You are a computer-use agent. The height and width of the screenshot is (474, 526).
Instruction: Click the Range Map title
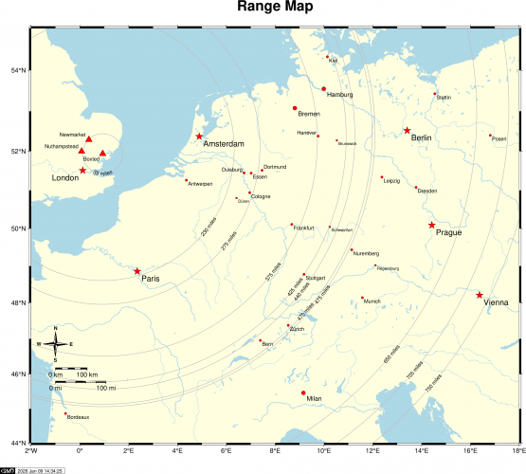pyautogui.click(x=263, y=9)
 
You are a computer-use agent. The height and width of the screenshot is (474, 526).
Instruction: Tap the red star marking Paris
pyautogui.click(x=137, y=271)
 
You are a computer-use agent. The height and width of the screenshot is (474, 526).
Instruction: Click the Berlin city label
pyautogui.click(x=422, y=138)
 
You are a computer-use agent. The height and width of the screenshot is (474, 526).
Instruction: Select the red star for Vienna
pyautogui.click(x=480, y=295)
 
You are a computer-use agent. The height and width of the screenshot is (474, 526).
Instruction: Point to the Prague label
pyautogui.click(x=449, y=232)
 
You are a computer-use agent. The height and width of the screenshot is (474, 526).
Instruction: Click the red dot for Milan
pyautogui.click(x=303, y=392)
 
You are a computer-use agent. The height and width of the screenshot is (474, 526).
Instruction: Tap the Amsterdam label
pyautogui.click(x=225, y=144)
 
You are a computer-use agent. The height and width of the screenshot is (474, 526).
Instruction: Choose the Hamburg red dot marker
pyautogui.click(x=323, y=89)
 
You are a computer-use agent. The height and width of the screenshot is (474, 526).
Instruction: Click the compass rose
pyautogui.click(x=55, y=343)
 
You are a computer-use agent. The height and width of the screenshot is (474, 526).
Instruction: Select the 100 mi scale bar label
pyautogui.click(x=106, y=388)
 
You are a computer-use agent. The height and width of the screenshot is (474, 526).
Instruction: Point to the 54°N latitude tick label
pyautogui.click(x=18, y=70)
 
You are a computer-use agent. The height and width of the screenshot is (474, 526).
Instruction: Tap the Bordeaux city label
pyautogui.click(x=78, y=417)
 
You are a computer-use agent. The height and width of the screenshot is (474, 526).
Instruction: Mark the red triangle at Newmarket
pyautogui.click(x=89, y=139)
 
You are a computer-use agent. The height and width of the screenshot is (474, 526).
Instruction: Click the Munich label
pyautogui.click(x=372, y=301)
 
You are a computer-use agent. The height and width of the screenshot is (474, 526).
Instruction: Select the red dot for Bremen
pyautogui.click(x=295, y=108)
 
